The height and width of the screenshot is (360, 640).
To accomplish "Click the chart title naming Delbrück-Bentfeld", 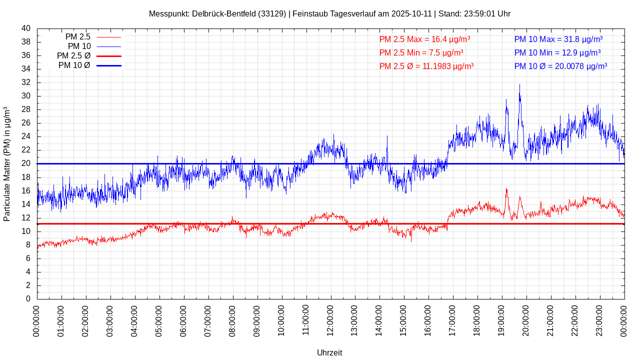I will (329, 13).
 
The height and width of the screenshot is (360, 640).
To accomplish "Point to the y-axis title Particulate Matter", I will (7, 163).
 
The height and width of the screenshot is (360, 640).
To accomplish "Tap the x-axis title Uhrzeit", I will (329, 352).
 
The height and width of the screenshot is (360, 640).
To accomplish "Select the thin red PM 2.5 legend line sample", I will (109, 37).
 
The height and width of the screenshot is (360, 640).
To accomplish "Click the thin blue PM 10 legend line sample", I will (109, 46).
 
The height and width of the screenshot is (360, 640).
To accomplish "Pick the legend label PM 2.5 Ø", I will (73, 56).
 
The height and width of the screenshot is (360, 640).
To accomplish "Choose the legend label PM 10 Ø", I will (74, 65).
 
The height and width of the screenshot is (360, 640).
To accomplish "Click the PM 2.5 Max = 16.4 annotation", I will (424, 39).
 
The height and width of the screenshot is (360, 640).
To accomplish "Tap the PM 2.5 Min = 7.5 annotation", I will (421, 52).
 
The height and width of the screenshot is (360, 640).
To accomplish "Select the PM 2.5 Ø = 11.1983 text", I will (426, 66).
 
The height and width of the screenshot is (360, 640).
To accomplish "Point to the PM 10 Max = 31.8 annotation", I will (558, 39).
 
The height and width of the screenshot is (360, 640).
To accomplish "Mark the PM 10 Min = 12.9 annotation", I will (557, 52).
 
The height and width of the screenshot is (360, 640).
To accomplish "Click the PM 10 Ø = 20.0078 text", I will (560, 66).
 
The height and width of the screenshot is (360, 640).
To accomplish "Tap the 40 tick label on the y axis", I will (26, 28).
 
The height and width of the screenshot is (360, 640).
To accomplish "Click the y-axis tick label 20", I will (26, 163).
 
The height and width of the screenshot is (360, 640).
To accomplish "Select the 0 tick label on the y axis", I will (28, 299).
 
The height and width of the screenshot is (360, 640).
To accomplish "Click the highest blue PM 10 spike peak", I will (519, 84).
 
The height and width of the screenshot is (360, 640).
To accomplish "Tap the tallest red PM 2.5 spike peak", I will (506, 188).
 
